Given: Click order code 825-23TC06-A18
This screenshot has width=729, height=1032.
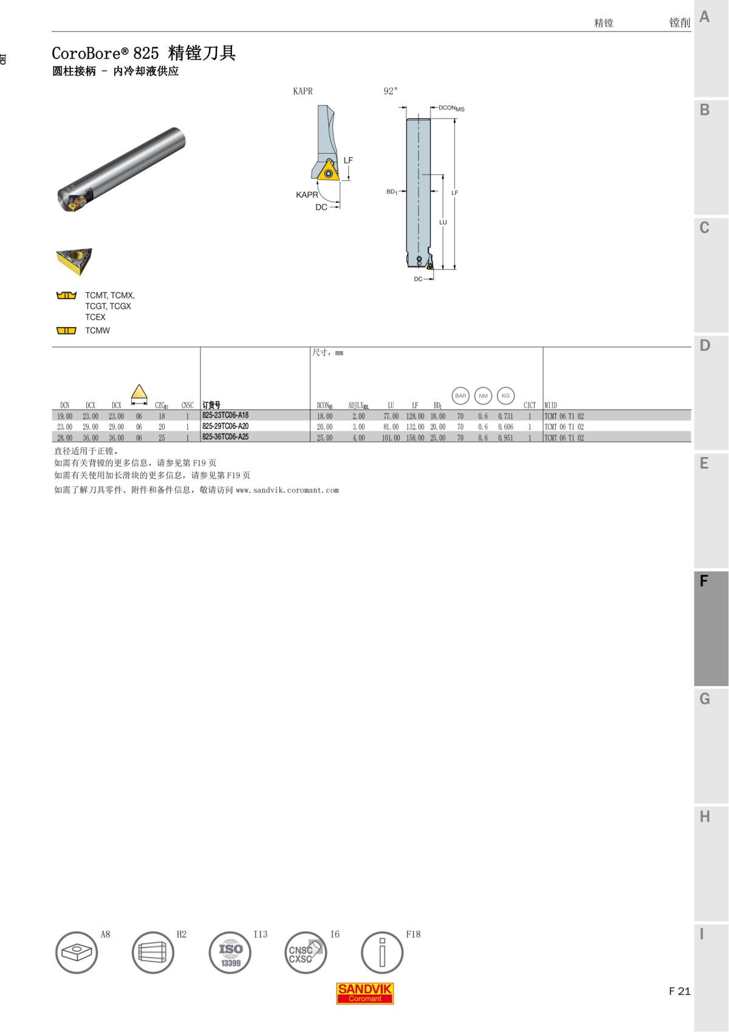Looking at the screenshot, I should coord(225,416).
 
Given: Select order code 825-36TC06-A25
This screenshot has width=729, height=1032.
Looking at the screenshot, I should coord(225,437).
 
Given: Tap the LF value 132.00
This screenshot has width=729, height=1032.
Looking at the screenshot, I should coord(415,427).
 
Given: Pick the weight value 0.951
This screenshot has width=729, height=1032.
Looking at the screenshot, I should coord(505,438).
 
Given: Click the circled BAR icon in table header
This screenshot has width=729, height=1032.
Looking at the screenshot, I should coord(460,396).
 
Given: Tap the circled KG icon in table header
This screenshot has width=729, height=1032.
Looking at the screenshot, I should coord(505,396).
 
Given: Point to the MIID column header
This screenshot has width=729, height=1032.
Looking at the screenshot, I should coord(551,405).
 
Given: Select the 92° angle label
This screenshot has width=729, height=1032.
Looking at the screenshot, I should coord(391,91).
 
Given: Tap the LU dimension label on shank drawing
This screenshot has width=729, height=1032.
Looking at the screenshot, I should coord(443,222).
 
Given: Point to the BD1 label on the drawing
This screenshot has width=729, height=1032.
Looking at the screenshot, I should coord(392,192).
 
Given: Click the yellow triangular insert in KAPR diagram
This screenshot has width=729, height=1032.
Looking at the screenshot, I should coord(329,171).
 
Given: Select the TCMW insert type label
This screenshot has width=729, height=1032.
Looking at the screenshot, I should coord(97,331).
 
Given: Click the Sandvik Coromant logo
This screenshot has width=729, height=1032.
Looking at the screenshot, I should coord(365,993).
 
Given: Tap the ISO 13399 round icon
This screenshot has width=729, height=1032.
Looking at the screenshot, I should coord(230,952).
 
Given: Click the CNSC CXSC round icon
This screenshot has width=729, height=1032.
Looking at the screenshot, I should coord(306,952).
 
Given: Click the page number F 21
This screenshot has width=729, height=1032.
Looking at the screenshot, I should coord(679,991).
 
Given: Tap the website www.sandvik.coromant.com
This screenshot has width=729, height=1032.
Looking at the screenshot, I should coord(287,490).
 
